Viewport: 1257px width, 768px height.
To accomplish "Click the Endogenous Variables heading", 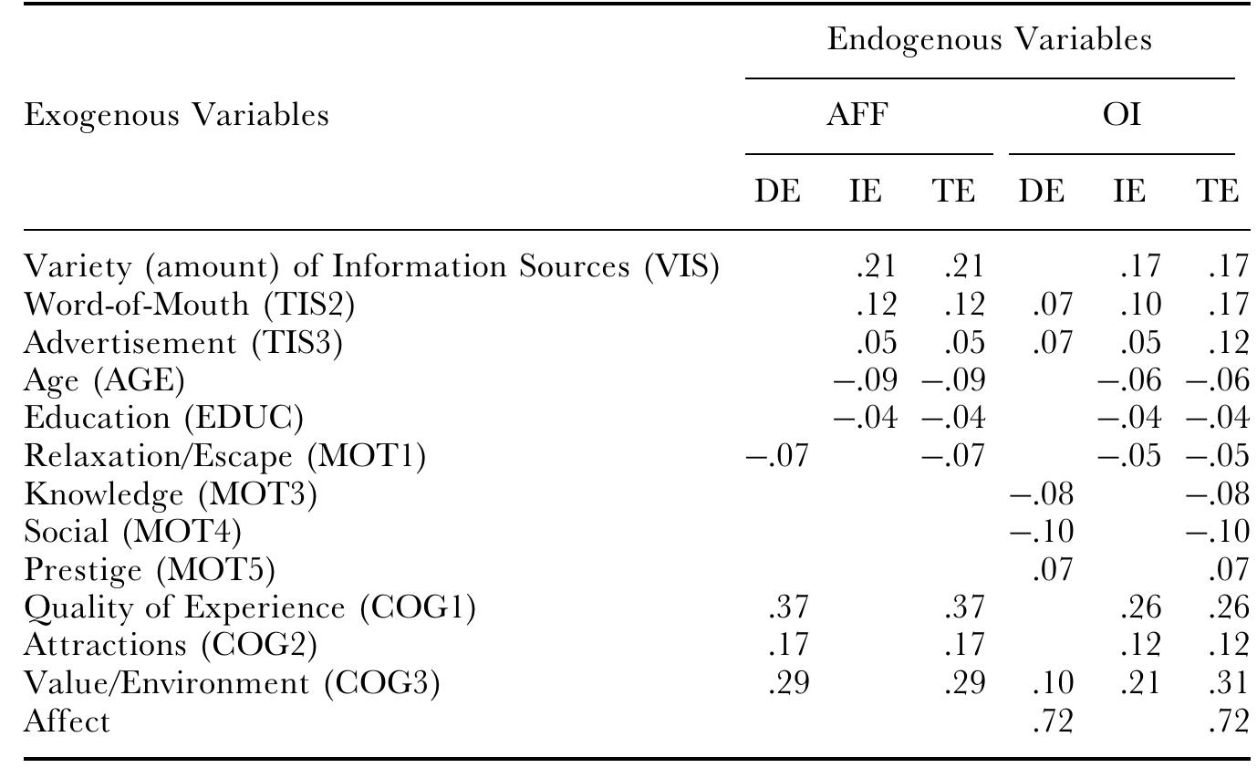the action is (990, 40).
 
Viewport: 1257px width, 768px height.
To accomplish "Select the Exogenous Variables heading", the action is (176, 116).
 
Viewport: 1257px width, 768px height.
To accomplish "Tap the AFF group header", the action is (857, 114).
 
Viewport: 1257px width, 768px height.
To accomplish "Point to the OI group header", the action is (1122, 114).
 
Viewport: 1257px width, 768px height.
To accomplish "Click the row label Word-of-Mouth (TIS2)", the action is (190, 306).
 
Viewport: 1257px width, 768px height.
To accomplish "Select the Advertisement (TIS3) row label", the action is (183, 343).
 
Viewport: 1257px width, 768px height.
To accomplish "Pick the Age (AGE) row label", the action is (104, 380).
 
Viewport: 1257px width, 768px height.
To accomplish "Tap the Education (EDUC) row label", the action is (164, 418).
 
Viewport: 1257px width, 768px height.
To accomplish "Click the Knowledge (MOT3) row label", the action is (171, 494).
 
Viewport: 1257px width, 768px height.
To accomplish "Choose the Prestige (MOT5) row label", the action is (150, 570).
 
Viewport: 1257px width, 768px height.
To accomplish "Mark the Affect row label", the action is (67, 721).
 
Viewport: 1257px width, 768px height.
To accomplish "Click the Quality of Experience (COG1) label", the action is (250, 608).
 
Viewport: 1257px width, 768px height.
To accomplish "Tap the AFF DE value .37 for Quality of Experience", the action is (788, 607).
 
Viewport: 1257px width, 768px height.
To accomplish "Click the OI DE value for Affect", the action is (1053, 721).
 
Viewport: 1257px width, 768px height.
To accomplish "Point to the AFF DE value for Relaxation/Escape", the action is (777, 455).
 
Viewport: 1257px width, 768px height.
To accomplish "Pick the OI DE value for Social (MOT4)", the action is (1042, 531).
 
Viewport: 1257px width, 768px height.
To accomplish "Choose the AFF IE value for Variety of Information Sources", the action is (876, 266).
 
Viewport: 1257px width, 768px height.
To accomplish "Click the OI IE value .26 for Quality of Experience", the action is (1140, 607).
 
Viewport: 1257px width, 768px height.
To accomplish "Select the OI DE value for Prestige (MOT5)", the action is (1053, 569).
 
